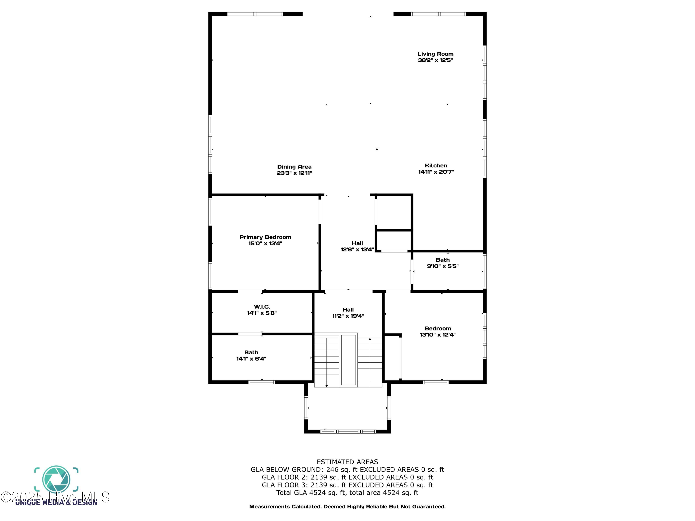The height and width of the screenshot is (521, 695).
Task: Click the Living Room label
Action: tap(435, 54)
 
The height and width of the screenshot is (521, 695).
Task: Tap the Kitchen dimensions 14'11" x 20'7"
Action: tap(436, 172)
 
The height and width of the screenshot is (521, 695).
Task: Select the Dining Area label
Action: tap(294, 167)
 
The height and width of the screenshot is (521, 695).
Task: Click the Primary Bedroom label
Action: tap(265, 237)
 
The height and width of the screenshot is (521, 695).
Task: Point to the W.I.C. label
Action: tap(262, 307)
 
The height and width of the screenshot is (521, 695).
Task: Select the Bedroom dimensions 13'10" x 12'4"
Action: tap(437, 335)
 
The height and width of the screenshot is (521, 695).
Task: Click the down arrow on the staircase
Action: tap(326, 385)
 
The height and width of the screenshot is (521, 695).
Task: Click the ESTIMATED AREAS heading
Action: tap(347, 462)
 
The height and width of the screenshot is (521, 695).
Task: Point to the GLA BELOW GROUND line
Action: tap(347, 470)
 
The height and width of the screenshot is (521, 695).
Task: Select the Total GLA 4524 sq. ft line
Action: tap(347, 493)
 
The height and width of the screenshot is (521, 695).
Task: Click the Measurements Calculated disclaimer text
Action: tap(347, 507)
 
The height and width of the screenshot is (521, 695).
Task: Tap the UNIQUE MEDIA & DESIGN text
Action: tap(56, 502)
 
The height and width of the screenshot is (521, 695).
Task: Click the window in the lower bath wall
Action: tap(262, 382)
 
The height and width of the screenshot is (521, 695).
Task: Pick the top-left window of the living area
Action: tap(255, 14)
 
